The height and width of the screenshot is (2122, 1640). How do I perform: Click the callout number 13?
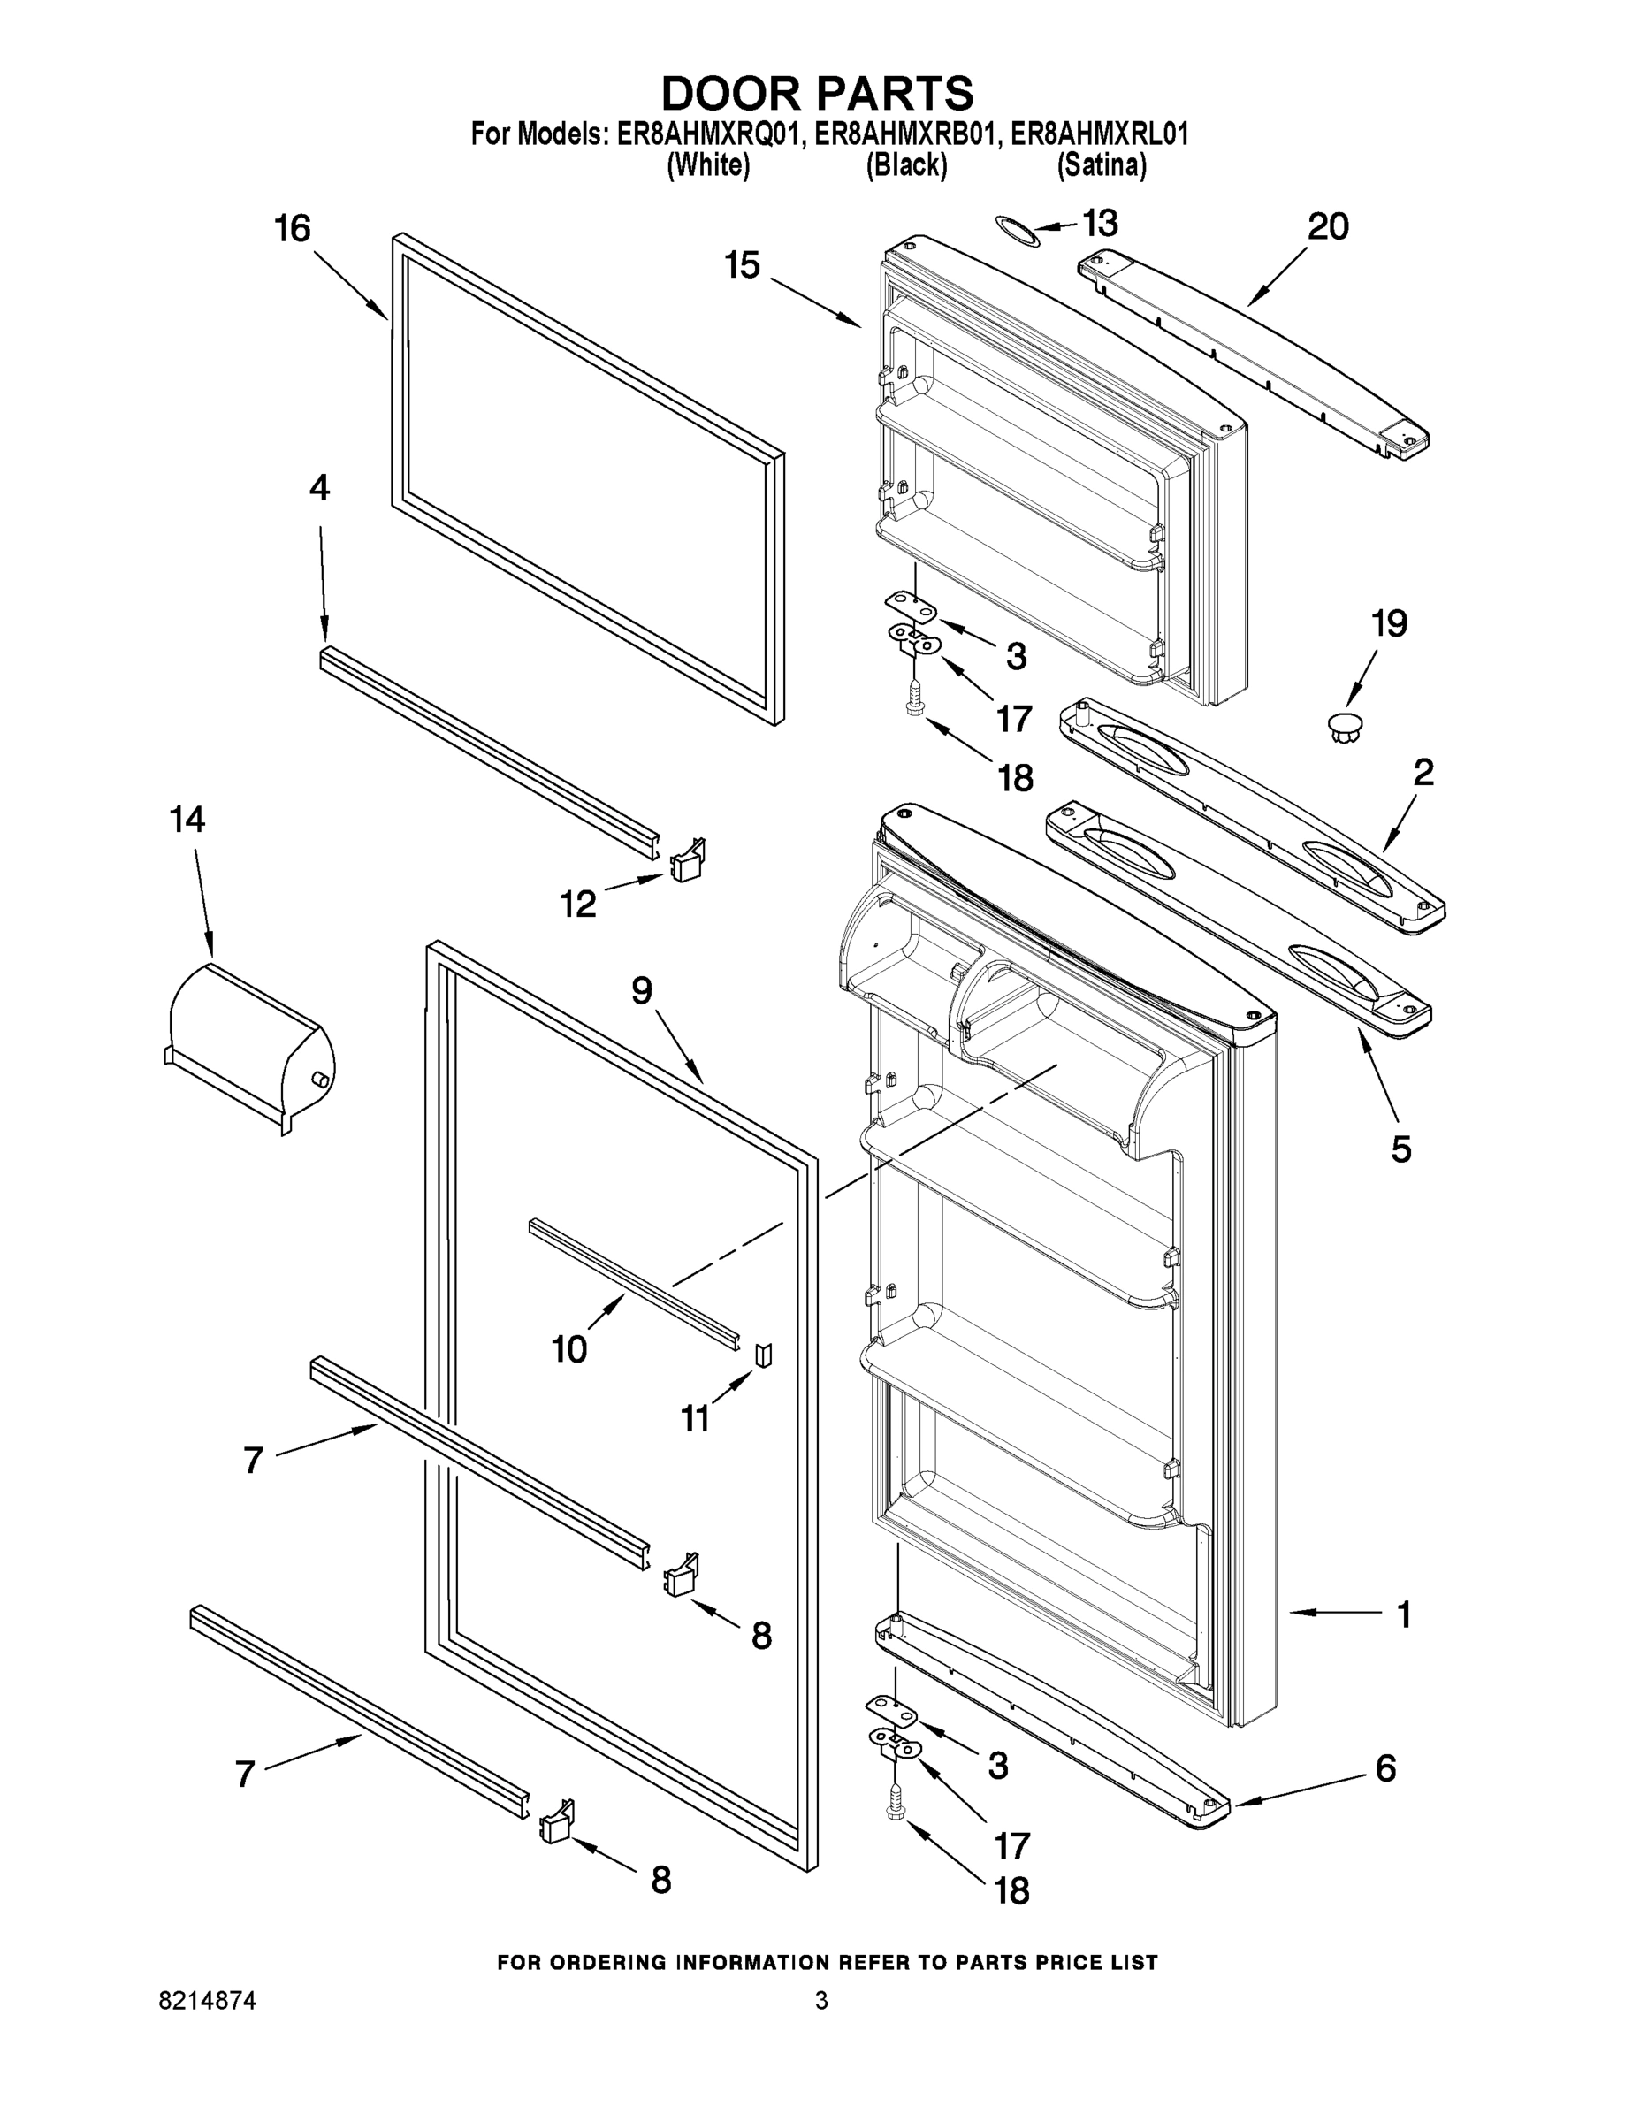pos(1100,223)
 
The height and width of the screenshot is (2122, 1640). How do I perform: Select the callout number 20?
pos(1327,226)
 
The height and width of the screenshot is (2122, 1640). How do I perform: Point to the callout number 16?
pos(292,229)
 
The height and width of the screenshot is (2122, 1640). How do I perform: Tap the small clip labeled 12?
pos(688,860)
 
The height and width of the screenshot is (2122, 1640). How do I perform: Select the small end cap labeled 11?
pos(764,1355)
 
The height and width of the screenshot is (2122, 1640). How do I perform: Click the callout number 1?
pos(1403,1614)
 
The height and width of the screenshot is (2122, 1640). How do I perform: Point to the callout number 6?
pos(1385,1768)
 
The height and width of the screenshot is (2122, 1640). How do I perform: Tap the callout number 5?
pos(1400,1149)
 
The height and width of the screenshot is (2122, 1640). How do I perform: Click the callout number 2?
pos(1423,773)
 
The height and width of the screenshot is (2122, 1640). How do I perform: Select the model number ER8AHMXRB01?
pos(905,134)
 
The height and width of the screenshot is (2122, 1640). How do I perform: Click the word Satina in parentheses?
pos(1101,166)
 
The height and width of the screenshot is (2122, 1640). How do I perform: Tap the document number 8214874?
pos(208,2001)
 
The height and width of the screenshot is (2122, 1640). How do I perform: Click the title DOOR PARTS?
pos(817,93)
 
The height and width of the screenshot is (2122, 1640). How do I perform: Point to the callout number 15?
pos(743,264)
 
